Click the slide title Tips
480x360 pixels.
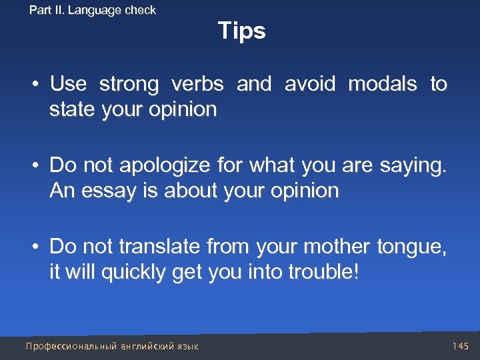[x=241, y=31]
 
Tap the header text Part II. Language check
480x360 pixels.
[x=93, y=10]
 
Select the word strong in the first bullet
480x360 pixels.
[x=129, y=85]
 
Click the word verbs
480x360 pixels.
[x=198, y=85]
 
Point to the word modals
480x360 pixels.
[x=382, y=85]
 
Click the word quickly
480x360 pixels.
[x=134, y=273]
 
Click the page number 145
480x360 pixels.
[x=460, y=346]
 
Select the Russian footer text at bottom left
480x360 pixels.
[x=112, y=346]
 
